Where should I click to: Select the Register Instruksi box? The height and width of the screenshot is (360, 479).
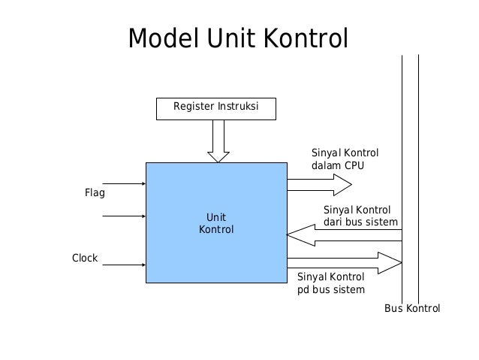click(x=215, y=108)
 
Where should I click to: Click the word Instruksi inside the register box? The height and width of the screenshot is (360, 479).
click(x=238, y=107)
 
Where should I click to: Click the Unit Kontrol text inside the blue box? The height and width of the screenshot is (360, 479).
click(x=215, y=223)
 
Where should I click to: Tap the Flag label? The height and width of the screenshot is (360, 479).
click(x=95, y=193)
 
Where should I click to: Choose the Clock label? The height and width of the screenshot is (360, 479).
click(x=85, y=258)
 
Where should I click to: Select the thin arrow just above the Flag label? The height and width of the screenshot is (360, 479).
click(x=123, y=183)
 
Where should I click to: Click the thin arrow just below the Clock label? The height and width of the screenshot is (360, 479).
click(x=123, y=265)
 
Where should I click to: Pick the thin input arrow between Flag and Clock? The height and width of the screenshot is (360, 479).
click(x=123, y=216)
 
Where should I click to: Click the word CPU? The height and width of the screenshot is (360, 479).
click(x=354, y=165)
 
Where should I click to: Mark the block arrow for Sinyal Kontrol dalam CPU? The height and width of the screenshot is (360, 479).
click(x=319, y=183)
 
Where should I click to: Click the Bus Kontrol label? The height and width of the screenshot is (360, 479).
click(x=411, y=309)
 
